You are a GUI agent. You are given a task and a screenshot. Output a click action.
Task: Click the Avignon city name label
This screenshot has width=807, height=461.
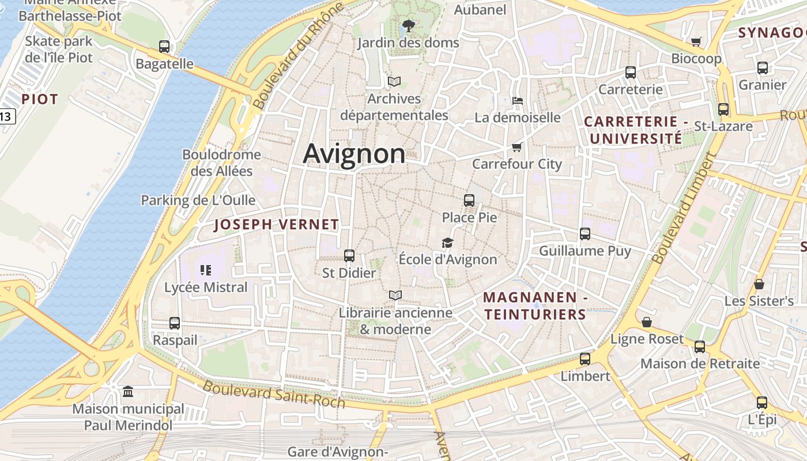[x=354, y=154]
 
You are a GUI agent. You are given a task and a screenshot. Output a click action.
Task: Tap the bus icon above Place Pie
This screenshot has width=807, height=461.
[x=469, y=201]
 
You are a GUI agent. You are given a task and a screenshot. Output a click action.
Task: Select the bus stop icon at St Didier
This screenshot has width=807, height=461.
[x=349, y=255]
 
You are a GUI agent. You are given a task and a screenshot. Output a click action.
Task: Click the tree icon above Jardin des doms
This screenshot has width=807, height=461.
[x=409, y=25]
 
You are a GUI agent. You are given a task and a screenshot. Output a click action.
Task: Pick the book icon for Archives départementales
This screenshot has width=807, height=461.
[x=394, y=81]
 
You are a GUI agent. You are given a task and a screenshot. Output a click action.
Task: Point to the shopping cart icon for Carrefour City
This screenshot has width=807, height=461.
[x=517, y=147]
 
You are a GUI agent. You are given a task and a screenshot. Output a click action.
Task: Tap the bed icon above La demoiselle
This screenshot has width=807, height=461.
[x=518, y=100]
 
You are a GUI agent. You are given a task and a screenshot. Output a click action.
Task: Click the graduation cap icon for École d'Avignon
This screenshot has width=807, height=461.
[x=448, y=243]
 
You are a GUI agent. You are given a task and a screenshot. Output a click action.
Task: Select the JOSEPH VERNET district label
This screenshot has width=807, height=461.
[x=277, y=225]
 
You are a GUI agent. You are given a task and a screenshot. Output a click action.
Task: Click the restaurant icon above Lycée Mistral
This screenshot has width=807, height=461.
[x=206, y=270]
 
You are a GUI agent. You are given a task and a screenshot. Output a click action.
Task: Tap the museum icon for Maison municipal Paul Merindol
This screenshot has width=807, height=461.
[x=128, y=392]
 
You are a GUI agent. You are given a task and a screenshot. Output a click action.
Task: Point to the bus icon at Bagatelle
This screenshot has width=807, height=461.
[x=164, y=47]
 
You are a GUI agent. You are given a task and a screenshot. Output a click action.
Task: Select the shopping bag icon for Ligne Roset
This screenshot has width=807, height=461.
[x=647, y=322]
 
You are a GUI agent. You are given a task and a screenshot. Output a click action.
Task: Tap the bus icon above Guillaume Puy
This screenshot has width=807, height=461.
[x=585, y=233]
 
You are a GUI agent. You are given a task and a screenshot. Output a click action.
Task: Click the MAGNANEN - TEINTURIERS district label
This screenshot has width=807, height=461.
[x=535, y=306]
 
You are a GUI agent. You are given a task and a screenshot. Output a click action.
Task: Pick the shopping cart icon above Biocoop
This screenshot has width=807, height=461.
[x=696, y=41]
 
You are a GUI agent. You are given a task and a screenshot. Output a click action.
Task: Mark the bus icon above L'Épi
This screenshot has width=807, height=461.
[x=762, y=403]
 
